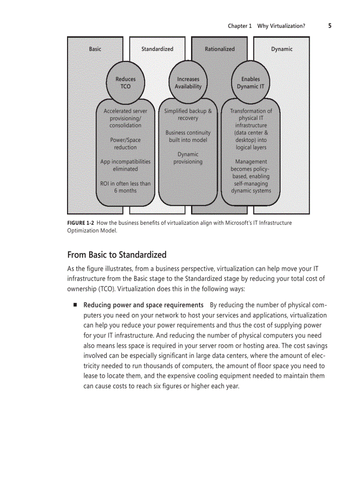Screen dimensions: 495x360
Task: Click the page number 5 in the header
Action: click(x=330, y=26)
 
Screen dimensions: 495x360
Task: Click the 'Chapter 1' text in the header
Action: click(x=240, y=26)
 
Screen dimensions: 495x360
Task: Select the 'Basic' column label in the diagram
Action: click(x=95, y=49)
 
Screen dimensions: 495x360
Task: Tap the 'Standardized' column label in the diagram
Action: click(x=157, y=49)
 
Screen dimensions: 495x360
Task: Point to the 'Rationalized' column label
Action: click(x=220, y=49)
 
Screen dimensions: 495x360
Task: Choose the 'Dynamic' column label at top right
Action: click(x=281, y=49)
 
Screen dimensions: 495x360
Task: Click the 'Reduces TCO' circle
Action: click(x=126, y=83)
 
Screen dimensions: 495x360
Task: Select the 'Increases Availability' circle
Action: click(x=188, y=83)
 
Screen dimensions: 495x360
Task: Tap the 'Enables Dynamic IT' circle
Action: click(x=251, y=83)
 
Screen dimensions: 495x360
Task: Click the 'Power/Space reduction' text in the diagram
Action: click(x=125, y=144)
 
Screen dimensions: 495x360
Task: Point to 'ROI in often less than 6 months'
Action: click(x=125, y=187)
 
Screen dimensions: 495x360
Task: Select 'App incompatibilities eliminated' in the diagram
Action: click(x=125, y=165)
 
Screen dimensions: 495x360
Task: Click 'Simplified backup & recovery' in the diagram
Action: click(x=188, y=115)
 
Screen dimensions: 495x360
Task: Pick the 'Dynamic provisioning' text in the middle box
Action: click(x=188, y=158)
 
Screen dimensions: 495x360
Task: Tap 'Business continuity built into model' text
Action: click(x=188, y=136)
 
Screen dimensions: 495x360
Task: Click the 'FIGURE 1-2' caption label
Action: click(x=81, y=223)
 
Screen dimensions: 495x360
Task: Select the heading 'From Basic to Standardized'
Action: click(x=117, y=255)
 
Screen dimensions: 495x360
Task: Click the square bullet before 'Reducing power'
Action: click(x=75, y=305)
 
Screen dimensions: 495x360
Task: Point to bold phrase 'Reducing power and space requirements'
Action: click(x=143, y=305)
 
